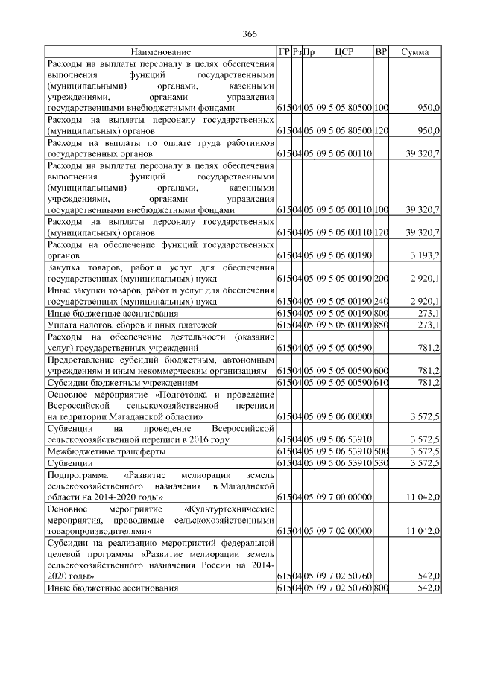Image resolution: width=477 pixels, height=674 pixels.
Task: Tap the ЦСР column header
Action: click(344, 52)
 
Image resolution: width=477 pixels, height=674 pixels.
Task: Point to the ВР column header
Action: click(381, 52)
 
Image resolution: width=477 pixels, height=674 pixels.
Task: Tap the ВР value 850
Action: click(381, 325)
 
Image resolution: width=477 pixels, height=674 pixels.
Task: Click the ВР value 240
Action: click(381, 301)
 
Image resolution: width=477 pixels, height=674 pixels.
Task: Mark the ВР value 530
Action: click(381, 463)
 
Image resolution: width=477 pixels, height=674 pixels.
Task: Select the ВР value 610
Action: click(381, 383)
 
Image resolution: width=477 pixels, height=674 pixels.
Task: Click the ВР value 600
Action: click(381, 371)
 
